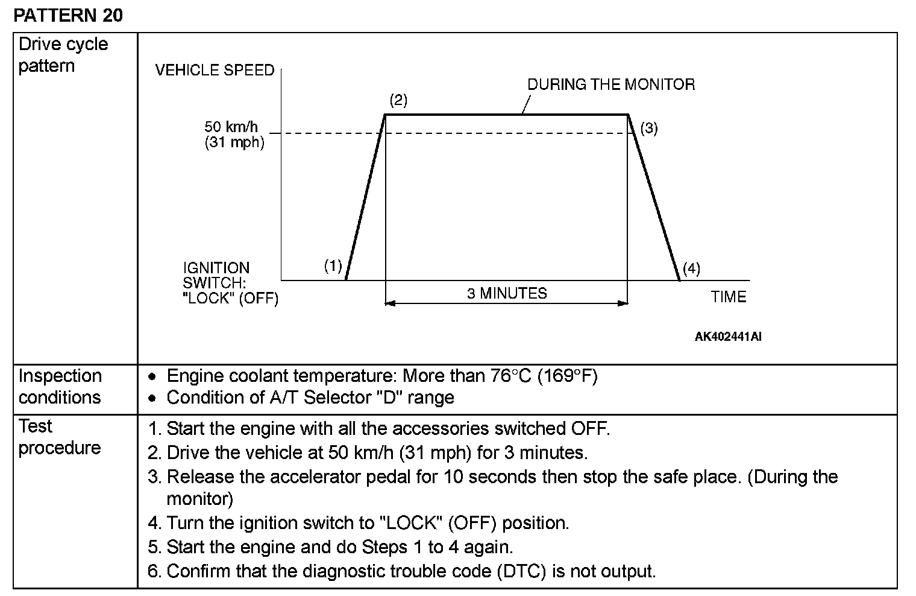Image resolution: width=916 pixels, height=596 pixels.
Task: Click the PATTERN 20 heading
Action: [x=67, y=15]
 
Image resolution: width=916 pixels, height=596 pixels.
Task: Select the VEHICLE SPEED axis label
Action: [x=215, y=71]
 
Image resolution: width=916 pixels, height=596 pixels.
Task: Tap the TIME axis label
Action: [x=728, y=297]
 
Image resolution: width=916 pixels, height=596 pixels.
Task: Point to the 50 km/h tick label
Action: [x=231, y=127]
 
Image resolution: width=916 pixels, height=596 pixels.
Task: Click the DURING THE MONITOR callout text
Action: [x=611, y=84]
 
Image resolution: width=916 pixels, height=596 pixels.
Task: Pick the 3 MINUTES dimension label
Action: [x=507, y=294]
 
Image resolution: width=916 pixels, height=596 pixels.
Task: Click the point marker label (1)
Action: [x=333, y=266]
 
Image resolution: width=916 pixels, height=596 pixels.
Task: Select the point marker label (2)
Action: [x=398, y=100]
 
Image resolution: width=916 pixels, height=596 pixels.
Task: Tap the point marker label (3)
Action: [x=649, y=128]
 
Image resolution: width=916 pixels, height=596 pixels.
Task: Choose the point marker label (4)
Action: [x=691, y=268]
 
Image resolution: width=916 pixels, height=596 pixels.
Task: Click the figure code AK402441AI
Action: [x=728, y=337]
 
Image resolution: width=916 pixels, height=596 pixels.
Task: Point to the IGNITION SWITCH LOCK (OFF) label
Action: [x=230, y=283]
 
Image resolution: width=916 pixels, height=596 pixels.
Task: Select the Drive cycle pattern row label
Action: [x=63, y=55]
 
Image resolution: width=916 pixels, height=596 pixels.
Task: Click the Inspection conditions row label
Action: [x=60, y=387]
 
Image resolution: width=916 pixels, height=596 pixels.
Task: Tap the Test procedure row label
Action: [x=59, y=437]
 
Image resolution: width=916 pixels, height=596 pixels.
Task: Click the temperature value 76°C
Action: [x=510, y=376]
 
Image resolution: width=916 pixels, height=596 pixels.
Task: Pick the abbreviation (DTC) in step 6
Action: [x=522, y=571]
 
